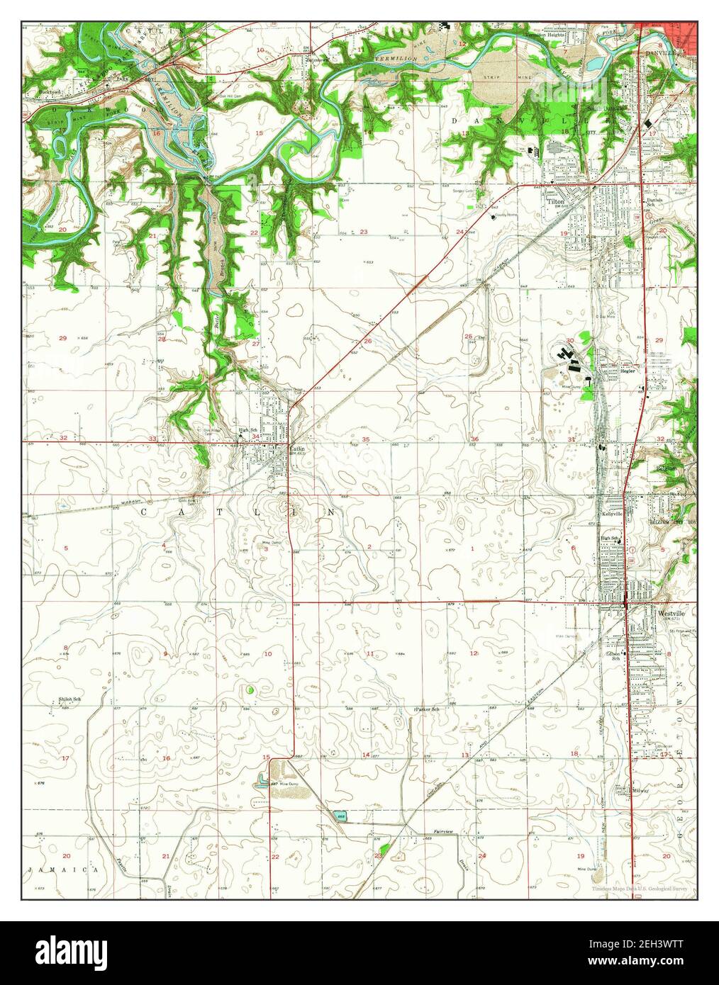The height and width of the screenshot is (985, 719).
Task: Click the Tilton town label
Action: (554, 201)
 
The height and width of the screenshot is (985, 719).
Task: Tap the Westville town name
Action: (670, 612)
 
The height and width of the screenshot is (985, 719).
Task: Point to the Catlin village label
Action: (296, 448)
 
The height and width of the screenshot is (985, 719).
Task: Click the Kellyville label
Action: (612, 513)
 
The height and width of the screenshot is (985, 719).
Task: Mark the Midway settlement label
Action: (640, 791)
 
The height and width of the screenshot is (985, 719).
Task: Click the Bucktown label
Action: (52, 92)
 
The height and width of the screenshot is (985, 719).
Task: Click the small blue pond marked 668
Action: (340, 817)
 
